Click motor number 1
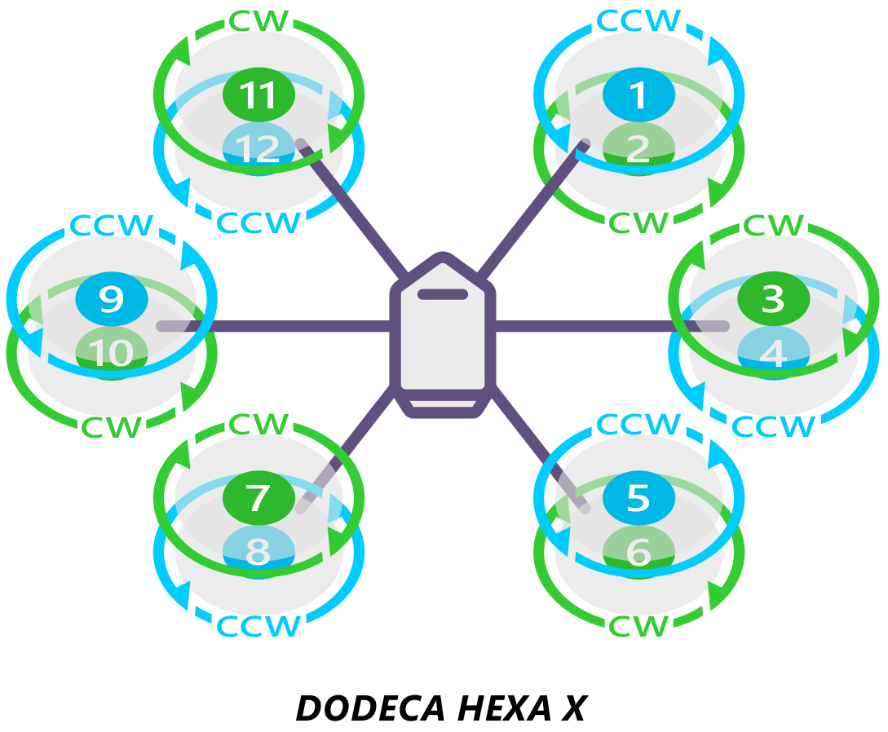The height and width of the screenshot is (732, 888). coord(638,95)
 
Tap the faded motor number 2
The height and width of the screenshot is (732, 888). coord(638,148)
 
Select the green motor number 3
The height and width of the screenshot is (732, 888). coord(773,299)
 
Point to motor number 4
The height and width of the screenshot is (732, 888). coord(773,353)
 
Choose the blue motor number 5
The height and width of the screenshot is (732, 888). coord(638,497)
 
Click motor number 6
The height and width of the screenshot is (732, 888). coord(638,552)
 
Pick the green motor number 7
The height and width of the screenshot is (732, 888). coord(258,497)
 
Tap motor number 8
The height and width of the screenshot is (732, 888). coord(258,552)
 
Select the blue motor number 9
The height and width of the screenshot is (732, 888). coord(111,299)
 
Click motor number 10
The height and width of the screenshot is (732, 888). coord(111,353)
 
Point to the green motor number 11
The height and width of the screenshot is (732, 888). coord(258,95)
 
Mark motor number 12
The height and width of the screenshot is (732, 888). coord(258,148)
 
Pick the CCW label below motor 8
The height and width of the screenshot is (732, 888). coord(258,626)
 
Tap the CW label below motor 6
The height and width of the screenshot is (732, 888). coord(638,626)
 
